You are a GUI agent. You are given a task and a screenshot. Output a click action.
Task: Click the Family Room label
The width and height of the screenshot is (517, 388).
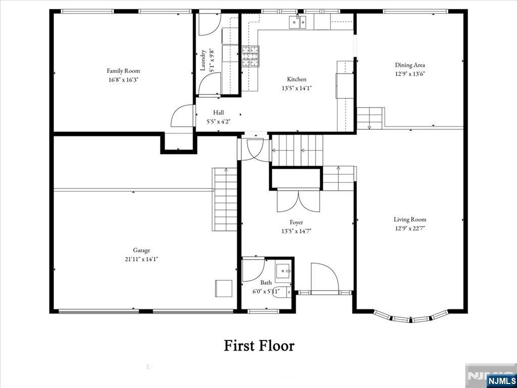123,71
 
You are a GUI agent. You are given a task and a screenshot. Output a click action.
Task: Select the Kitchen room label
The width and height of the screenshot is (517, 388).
297,79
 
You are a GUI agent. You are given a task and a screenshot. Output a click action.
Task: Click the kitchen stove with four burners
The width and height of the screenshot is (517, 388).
250,56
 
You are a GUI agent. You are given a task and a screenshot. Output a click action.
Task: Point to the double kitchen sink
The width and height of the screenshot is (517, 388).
298,22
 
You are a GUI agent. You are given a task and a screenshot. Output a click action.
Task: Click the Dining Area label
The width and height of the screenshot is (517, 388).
410,65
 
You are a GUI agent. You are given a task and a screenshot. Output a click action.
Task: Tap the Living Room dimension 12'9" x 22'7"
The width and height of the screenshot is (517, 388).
410,228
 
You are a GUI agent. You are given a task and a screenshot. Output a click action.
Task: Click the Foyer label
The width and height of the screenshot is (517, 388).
297,222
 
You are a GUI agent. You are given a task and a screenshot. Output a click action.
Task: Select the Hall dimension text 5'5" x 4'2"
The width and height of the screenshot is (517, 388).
218,121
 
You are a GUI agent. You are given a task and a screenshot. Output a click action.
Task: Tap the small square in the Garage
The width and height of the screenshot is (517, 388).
223,288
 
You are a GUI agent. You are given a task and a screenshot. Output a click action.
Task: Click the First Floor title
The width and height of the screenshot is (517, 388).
259,346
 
